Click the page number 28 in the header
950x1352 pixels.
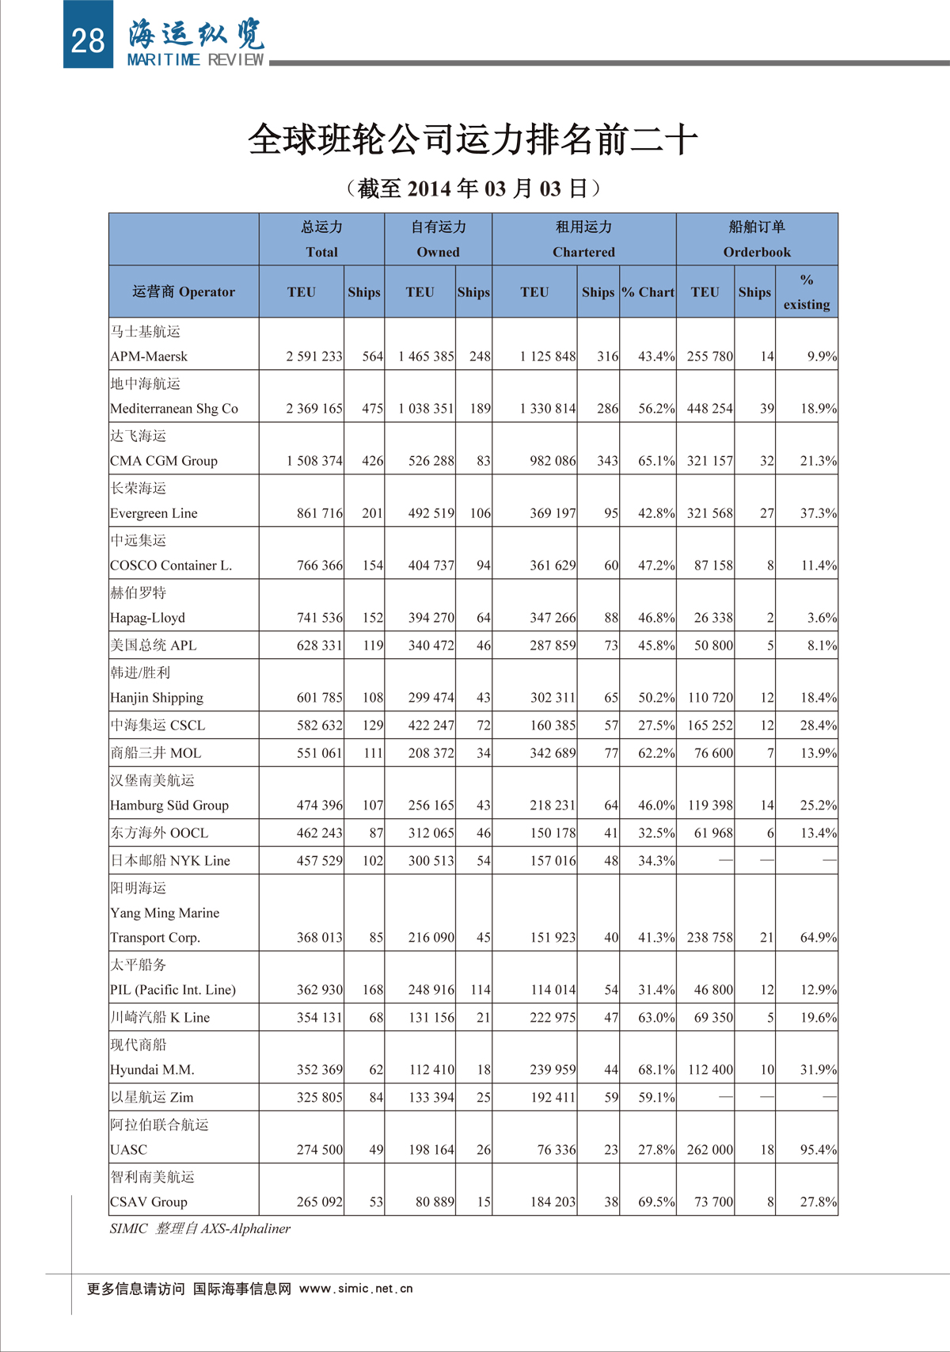click(87, 40)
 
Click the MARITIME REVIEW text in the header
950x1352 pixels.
click(195, 60)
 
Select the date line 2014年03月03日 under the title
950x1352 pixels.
click(473, 189)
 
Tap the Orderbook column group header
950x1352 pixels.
click(757, 252)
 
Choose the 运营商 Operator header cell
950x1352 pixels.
click(184, 291)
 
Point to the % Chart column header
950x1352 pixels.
click(648, 291)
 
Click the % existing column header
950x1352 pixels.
click(806, 291)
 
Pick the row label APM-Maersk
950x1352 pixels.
click(149, 356)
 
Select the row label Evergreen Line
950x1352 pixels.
click(154, 513)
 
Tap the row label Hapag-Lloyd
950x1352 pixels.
click(147, 618)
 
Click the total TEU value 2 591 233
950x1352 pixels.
click(314, 356)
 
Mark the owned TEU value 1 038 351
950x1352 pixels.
click(426, 409)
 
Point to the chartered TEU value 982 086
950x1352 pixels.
click(553, 461)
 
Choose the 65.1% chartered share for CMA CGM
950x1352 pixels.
click(656, 461)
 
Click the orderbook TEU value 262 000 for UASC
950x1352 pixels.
click(709, 1149)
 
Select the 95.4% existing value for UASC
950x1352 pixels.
click(818, 1149)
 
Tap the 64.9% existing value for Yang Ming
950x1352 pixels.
click(818, 937)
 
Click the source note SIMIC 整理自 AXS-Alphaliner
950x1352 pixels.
click(199, 1228)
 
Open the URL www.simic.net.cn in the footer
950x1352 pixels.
click(356, 1289)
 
